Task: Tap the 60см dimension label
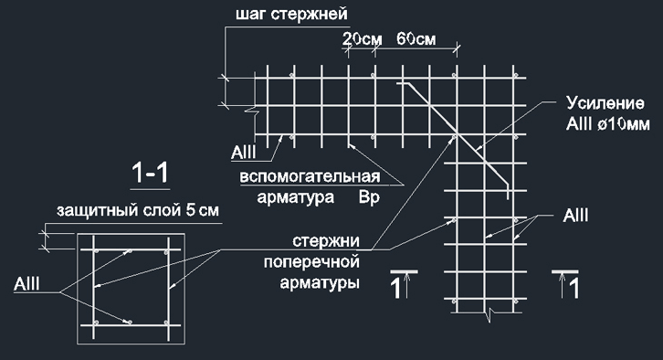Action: (x=416, y=39)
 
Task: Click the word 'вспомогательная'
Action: (x=309, y=175)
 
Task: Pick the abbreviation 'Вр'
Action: (x=369, y=196)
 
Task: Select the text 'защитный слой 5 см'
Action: (x=138, y=211)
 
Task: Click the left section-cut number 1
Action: (x=395, y=290)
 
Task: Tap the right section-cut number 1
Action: (x=573, y=290)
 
